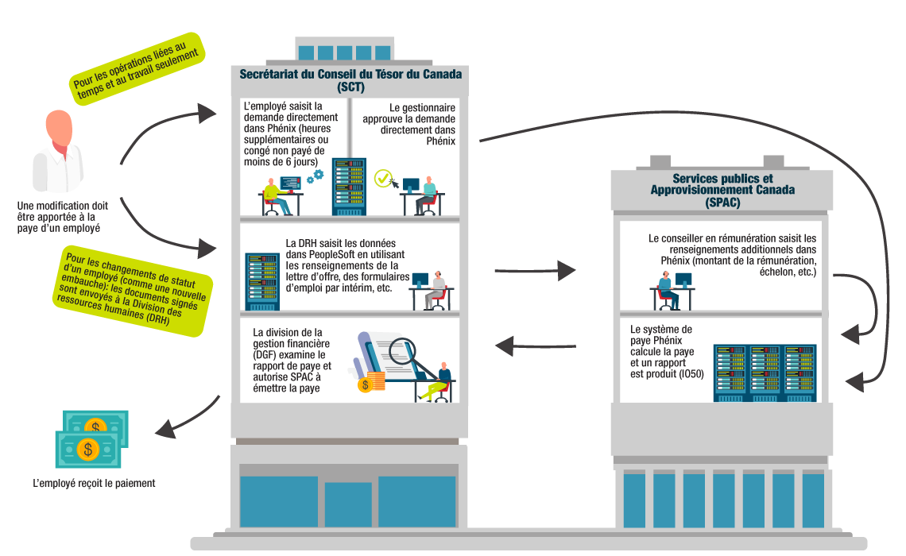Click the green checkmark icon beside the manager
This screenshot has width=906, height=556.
click(x=384, y=178)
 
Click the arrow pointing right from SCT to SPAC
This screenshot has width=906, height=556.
click(x=534, y=271)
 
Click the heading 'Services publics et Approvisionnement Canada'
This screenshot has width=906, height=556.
click(x=722, y=184)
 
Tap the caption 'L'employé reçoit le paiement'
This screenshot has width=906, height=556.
click(x=94, y=483)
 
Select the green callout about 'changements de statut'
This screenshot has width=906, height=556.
click(x=130, y=290)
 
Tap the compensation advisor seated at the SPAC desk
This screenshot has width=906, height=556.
click(x=668, y=289)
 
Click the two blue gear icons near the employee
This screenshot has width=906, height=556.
click(x=315, y=176)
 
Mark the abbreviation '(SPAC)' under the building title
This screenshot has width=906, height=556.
click(x=722, y=203)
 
